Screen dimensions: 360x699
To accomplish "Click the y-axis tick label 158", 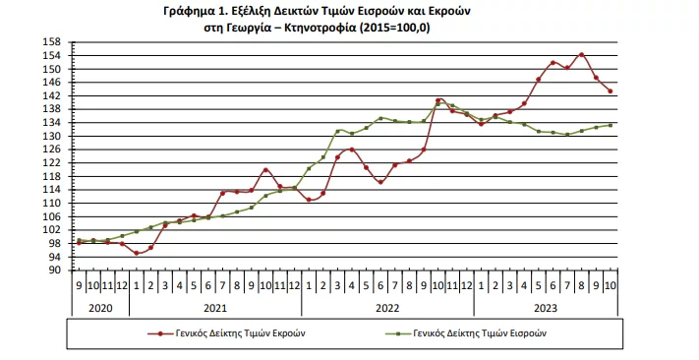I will coord(54,42).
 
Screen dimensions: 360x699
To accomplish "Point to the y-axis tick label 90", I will coord(56,270).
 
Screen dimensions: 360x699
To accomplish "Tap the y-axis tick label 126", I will coord(54,150).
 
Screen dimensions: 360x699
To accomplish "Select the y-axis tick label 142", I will coord(54,96).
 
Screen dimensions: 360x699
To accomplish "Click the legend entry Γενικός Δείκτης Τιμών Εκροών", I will coord(240,333).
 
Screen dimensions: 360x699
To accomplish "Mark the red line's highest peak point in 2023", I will coord(582,55).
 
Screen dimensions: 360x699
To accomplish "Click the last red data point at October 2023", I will coord(611,91).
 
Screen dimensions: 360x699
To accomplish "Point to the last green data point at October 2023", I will coord(611,125).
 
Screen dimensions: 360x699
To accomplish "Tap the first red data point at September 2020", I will coord(79,242).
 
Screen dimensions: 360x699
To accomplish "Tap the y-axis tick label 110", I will coord(54,203).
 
